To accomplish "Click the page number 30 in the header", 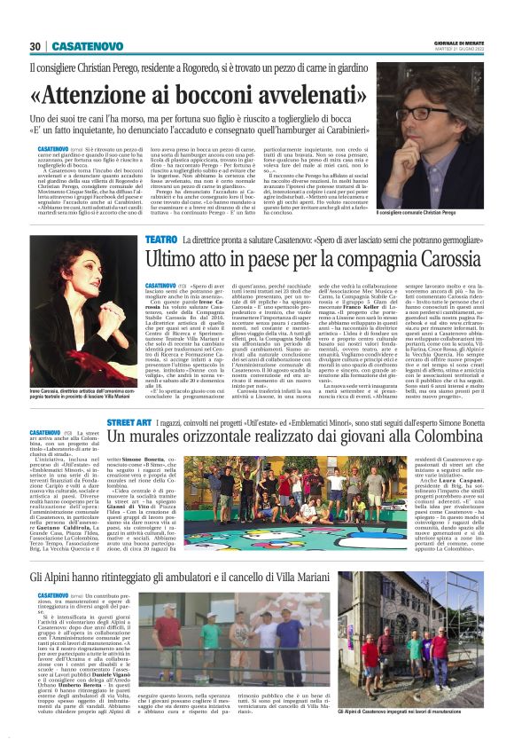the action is [x=35, y=46].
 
